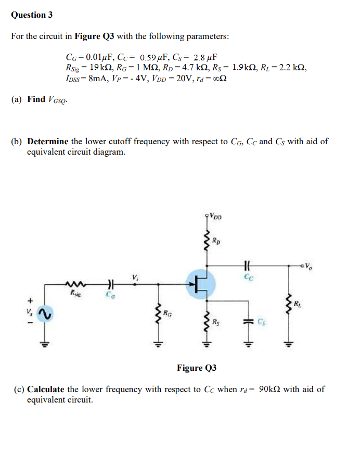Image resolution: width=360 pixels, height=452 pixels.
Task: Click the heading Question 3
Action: [x=32, y=15]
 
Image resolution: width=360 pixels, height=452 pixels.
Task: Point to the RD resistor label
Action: [x=216, y=240]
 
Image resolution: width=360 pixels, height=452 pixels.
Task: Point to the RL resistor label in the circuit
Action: [x=297, y=303]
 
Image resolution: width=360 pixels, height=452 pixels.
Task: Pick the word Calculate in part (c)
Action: [x=46, y=389]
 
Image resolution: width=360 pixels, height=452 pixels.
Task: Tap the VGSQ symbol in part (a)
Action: [x=58, y=99]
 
